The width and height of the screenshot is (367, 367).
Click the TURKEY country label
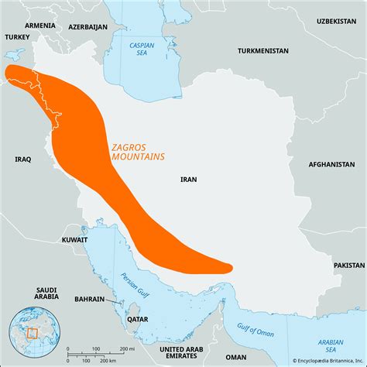coord(16,36)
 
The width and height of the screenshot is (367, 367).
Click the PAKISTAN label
coord(348,265)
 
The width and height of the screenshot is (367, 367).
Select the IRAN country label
coord(188,179)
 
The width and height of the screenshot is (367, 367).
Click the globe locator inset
coord(28,334)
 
